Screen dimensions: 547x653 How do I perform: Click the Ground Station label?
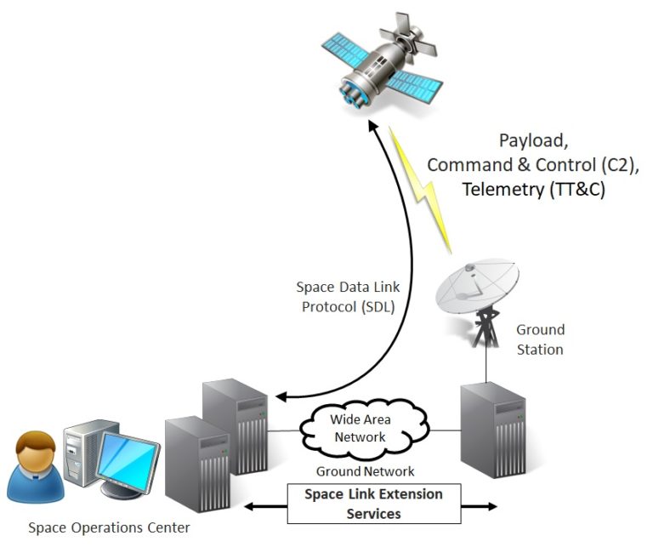[540, 339]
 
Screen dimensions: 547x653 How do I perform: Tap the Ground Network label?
[365, 470]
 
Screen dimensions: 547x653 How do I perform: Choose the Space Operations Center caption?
[109, 528]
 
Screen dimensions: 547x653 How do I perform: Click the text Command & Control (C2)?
[515, 164]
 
